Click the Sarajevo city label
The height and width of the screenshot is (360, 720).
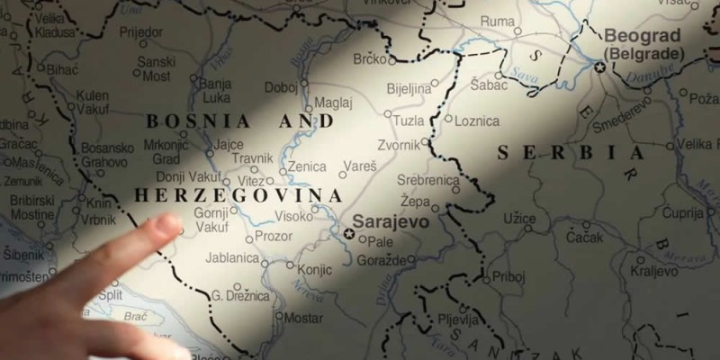click(x=390, y=220)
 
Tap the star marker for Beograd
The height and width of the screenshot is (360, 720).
click(x=599, y=67)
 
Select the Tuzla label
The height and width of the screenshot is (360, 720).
click(x=409, y=120)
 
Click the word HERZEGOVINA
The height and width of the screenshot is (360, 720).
click(x=238, y=195)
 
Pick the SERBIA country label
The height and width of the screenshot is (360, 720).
click(x=571, y=152)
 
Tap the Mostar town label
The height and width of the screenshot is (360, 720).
click(x=304, y=318)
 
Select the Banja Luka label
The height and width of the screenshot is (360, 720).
click(x=216, y=91)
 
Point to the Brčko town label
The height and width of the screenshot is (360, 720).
click(x=369, y=59)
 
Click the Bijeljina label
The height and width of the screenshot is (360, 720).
click(x=409, y=90)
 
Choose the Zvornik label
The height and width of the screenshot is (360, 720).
click(x=399, y=145)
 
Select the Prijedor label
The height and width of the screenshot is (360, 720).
click(x=140, y=31)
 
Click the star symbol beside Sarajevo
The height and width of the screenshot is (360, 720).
click(x=348, y=233)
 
